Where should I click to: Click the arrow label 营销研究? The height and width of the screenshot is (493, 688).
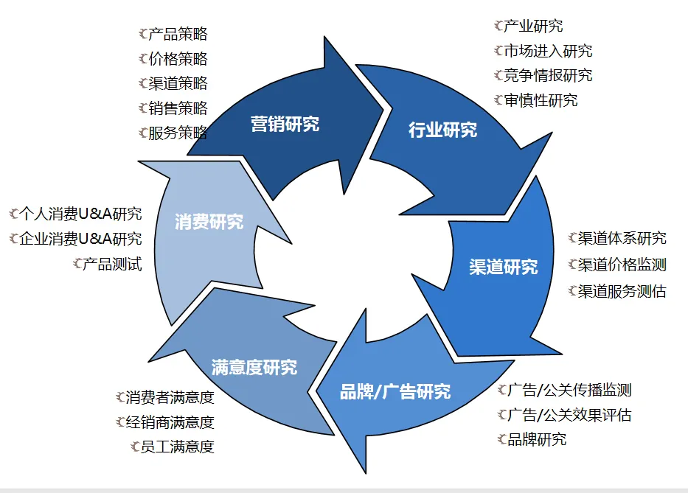[x=285, y=123]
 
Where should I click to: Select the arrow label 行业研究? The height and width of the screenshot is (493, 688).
[x=442, y=130]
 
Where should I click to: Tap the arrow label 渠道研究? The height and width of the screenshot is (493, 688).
[x=503, y=267]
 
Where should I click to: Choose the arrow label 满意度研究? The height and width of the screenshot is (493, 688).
[x=254, y=366]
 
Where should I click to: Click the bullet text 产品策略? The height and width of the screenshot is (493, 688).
[x=178, y=34]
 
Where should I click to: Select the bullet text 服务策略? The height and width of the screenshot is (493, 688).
[x=178, y=133]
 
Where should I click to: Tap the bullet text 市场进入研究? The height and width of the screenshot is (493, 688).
[x=548, y=51]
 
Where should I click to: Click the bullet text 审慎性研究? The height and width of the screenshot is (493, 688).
[x=541, y=100]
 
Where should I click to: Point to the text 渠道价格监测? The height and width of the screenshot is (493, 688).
[x=622, y=265]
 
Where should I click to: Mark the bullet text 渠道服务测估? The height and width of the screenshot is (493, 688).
[x=622, y=291]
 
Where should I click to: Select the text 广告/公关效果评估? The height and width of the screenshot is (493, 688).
[x=569, y=415]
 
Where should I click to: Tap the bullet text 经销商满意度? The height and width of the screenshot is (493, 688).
[x=170, y=422]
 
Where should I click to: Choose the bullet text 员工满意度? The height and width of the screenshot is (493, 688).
[x=177, y=447]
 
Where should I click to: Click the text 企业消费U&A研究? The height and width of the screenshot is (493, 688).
[x=80, y=239]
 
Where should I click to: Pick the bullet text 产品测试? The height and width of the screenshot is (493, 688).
[x=111, y=264]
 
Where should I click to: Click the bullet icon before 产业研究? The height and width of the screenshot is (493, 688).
[x=498, y=27]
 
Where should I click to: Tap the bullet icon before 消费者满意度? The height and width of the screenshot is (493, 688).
[x=120, y=398]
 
